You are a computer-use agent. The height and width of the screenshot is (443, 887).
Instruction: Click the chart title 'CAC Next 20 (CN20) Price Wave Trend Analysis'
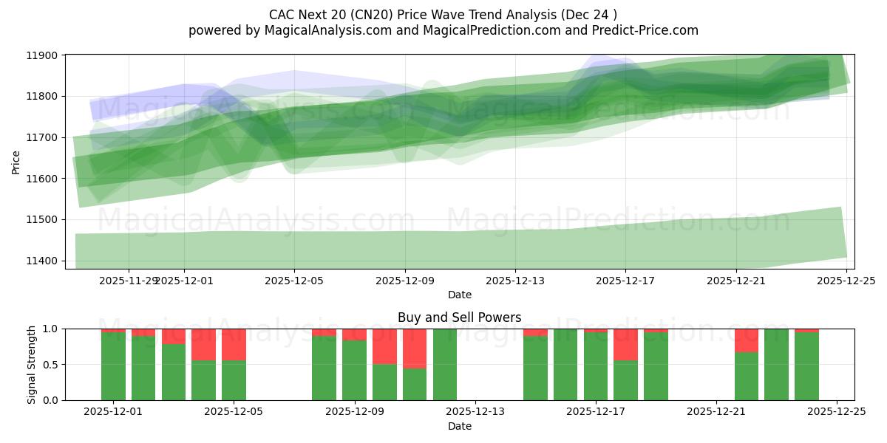(x=443, y=15)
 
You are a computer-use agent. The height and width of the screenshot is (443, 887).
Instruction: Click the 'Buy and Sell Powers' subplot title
(x=459, y=317)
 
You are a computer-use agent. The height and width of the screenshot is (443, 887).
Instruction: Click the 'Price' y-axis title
(x=16, y=162)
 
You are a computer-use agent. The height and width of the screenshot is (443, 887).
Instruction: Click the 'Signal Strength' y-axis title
(x=31, y=364)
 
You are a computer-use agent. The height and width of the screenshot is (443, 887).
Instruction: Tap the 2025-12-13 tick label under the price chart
(x=515, y=281)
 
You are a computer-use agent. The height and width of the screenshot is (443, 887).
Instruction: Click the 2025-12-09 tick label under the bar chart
(x=354, y=412)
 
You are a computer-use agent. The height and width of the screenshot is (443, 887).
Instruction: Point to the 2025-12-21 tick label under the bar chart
(x=716, y=412)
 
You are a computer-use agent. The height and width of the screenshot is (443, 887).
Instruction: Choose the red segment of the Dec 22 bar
(x=746, y=340)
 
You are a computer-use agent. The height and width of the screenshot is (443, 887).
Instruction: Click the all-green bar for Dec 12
(x=445, y=365)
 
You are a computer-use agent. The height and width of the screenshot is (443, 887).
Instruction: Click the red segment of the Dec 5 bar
(x=234, y=345)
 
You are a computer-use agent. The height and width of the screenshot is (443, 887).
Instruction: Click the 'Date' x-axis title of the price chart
(x=459, y=295)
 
